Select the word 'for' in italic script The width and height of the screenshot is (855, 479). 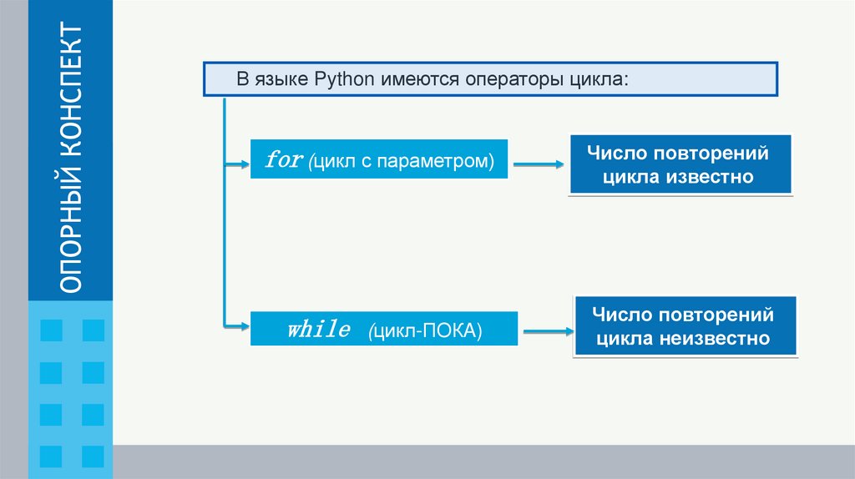[283, 159]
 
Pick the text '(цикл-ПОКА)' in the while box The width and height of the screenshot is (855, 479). [425, 330]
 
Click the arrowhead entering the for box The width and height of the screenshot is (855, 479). [244, 165]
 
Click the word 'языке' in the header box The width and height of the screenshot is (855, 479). [282, 80]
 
